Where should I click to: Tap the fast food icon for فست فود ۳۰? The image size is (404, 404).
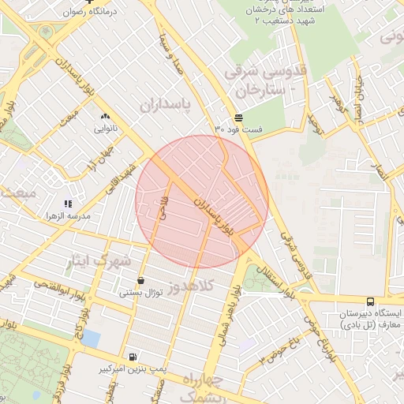(238, 118)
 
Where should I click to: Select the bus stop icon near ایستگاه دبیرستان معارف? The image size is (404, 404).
(370, 301)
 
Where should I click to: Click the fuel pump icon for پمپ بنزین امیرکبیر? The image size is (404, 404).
(131, 357)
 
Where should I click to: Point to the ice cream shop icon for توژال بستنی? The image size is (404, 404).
(140, 280)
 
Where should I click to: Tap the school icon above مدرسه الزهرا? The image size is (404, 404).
(68, 204)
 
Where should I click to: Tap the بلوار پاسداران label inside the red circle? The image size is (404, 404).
(215, 215)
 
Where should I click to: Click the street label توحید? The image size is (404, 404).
(316, 123)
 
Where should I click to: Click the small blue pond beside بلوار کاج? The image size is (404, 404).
(91, 339)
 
